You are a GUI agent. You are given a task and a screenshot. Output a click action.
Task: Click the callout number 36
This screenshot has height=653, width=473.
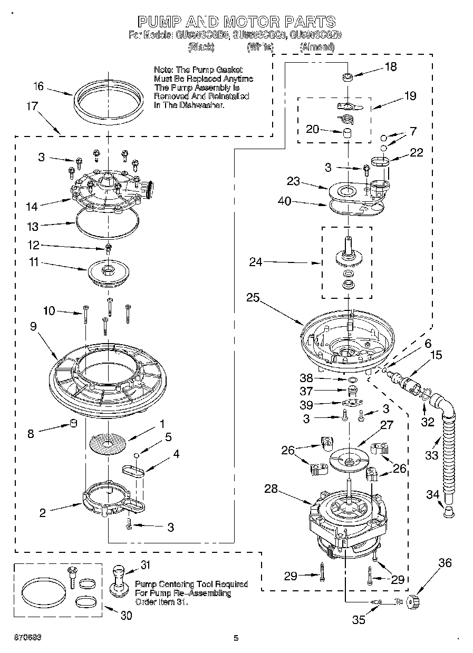(445, 563)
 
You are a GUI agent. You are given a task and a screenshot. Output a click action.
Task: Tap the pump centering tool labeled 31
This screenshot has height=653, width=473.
(120, 582)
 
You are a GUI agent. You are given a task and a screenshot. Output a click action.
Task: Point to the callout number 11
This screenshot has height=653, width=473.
(34, 262)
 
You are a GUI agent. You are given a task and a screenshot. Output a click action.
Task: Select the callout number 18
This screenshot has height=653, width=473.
(391, 67)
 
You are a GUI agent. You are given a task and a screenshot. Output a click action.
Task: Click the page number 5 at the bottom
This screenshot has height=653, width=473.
(236, 638)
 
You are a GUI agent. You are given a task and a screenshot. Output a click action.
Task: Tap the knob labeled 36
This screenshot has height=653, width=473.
(413, 600)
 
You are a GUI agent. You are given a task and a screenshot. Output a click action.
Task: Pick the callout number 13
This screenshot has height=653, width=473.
(33, 226)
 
